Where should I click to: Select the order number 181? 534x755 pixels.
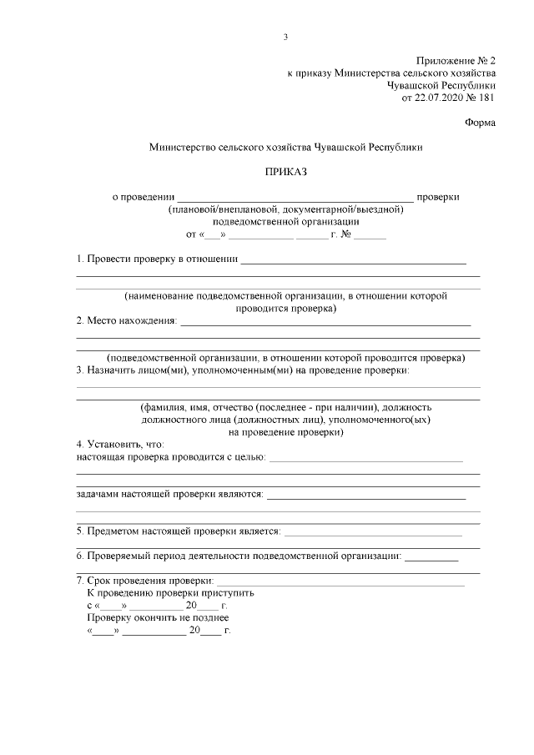[486, 98]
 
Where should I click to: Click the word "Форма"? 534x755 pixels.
[480, 123]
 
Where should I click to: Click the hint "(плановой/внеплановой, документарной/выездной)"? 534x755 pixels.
[285, 209]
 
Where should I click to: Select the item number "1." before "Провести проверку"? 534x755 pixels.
[80, 260]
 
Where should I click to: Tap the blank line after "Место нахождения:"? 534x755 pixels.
[325, 322]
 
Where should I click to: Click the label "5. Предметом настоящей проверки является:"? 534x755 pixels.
[179, 531]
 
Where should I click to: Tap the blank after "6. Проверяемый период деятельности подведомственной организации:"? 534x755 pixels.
[431, 556]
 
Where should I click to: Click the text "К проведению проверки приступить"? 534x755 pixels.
[170, 592]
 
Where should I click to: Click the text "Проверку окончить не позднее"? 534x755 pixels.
[158, 617]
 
